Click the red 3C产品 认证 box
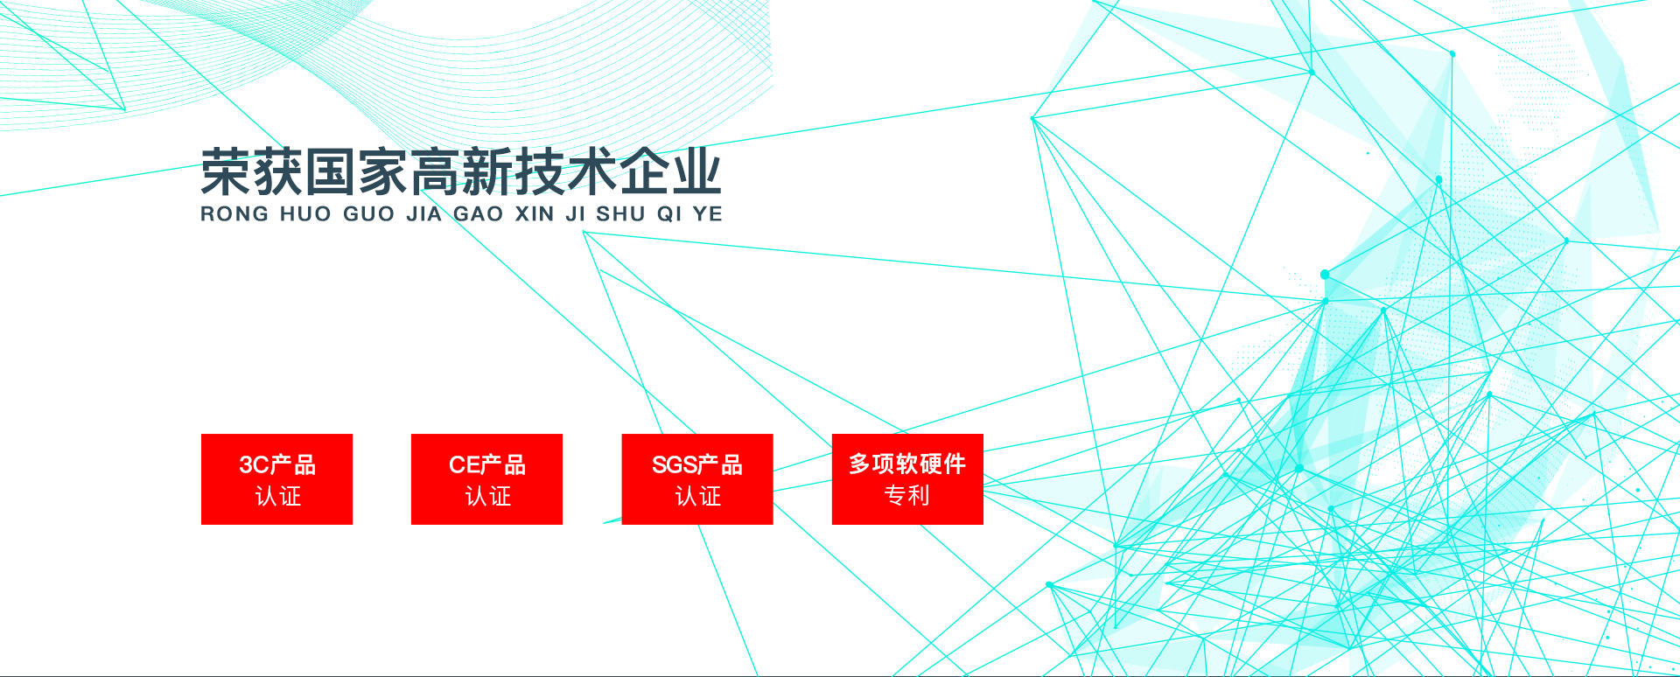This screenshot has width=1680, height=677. click(276, 479)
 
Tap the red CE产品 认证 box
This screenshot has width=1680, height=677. click(486, 479)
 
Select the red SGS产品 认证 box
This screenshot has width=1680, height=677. click(697, 479)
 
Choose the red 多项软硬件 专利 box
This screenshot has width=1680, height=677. click(907, 479)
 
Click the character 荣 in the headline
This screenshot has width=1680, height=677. click(227, 172)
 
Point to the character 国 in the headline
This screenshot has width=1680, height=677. click(331, 172)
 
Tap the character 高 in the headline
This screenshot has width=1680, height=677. click(435, 172)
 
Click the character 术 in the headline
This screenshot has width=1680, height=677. click(591, 172)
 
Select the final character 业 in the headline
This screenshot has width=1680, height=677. click(696, 172)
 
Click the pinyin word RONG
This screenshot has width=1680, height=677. click(234, 214)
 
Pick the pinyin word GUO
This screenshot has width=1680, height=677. click(368, 214)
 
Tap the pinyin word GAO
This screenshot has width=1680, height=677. click(479, 214)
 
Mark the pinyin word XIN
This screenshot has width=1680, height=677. click(535, 214)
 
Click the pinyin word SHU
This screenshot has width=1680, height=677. click(621, 214)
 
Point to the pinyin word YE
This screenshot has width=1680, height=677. click(708, 214)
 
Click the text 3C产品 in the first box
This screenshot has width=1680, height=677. click(277, 464)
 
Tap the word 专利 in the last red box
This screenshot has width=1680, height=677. click(907, 495)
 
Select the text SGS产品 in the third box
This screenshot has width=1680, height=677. click(697, 464)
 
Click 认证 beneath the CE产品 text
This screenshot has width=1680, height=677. click(487, 497)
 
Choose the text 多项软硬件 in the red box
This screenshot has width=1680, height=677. click(907, 464)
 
